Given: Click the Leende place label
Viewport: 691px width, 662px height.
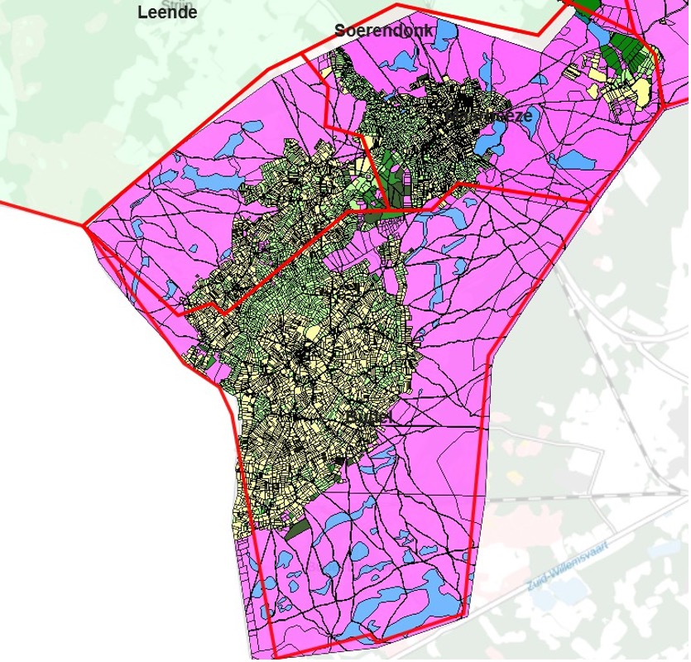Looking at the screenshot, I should pyautogui.click(x=167, y=12).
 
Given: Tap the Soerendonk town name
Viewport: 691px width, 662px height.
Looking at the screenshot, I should pyautogui.click(x=384, y=31).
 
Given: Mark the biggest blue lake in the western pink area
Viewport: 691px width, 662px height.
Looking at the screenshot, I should pyautogui.click(x=209, y=176).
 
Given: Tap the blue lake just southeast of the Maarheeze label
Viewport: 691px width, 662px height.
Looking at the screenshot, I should pyautogui.click(x=488, y=143).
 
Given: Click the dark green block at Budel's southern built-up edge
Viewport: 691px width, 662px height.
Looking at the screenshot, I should pyautogui.click(x=296, y=526).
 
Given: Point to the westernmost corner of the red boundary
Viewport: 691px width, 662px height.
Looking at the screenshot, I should pyautogui.click(x=86, y=225).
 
